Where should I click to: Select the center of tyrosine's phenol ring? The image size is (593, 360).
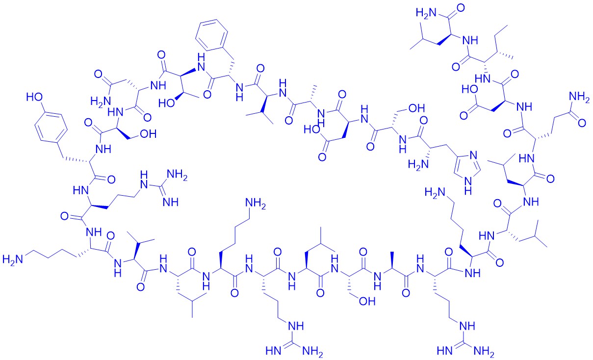coord(51,127)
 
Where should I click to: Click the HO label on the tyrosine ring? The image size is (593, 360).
coord(35,97)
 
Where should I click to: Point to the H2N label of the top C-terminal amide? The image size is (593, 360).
coord(425,14)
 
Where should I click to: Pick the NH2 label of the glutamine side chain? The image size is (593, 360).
coord(580,97)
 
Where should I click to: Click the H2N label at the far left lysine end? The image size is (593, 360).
coord(12,259)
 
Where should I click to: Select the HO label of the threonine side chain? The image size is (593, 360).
coord(167,103)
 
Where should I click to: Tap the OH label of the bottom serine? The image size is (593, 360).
coord(367,301)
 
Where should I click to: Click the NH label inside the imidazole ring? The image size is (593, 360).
coord(468,186)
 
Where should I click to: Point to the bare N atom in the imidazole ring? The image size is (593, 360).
coord(474,155)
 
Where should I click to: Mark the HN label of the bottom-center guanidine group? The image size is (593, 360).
coord(274,351)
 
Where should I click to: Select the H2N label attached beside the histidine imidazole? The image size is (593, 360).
coord(418,165)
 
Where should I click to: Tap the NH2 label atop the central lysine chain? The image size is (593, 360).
coord(256,204)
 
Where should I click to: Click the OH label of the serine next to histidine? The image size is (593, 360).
coord(417,108)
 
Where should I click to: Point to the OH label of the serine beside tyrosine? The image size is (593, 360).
coord(148,134)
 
